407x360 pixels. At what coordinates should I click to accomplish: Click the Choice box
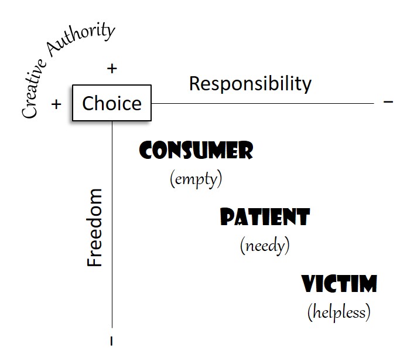click(111, 103)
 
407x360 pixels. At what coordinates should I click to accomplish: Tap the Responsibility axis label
click(250, 84)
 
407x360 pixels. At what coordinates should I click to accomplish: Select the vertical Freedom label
click(95, 228)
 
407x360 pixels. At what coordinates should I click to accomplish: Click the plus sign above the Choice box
click(112, 69)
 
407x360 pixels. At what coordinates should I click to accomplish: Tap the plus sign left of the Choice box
click(56, 104)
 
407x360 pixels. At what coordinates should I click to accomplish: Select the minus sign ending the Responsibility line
click(388, 102)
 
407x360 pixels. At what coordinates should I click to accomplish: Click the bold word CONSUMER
click(196, 151)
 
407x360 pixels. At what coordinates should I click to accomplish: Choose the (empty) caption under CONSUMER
click(196, 178)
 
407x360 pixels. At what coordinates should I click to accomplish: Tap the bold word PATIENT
click(265, 218)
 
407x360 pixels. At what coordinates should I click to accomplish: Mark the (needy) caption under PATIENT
click(265, 245)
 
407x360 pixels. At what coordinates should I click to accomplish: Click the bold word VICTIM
click(340, 285)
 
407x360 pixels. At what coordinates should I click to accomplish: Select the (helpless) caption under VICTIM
click(339, 312)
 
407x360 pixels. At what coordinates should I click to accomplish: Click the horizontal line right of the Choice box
click(264, 103)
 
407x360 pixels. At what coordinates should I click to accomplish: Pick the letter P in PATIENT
click(227, 218)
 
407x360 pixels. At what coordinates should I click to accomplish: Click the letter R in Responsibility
click(195, 84)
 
